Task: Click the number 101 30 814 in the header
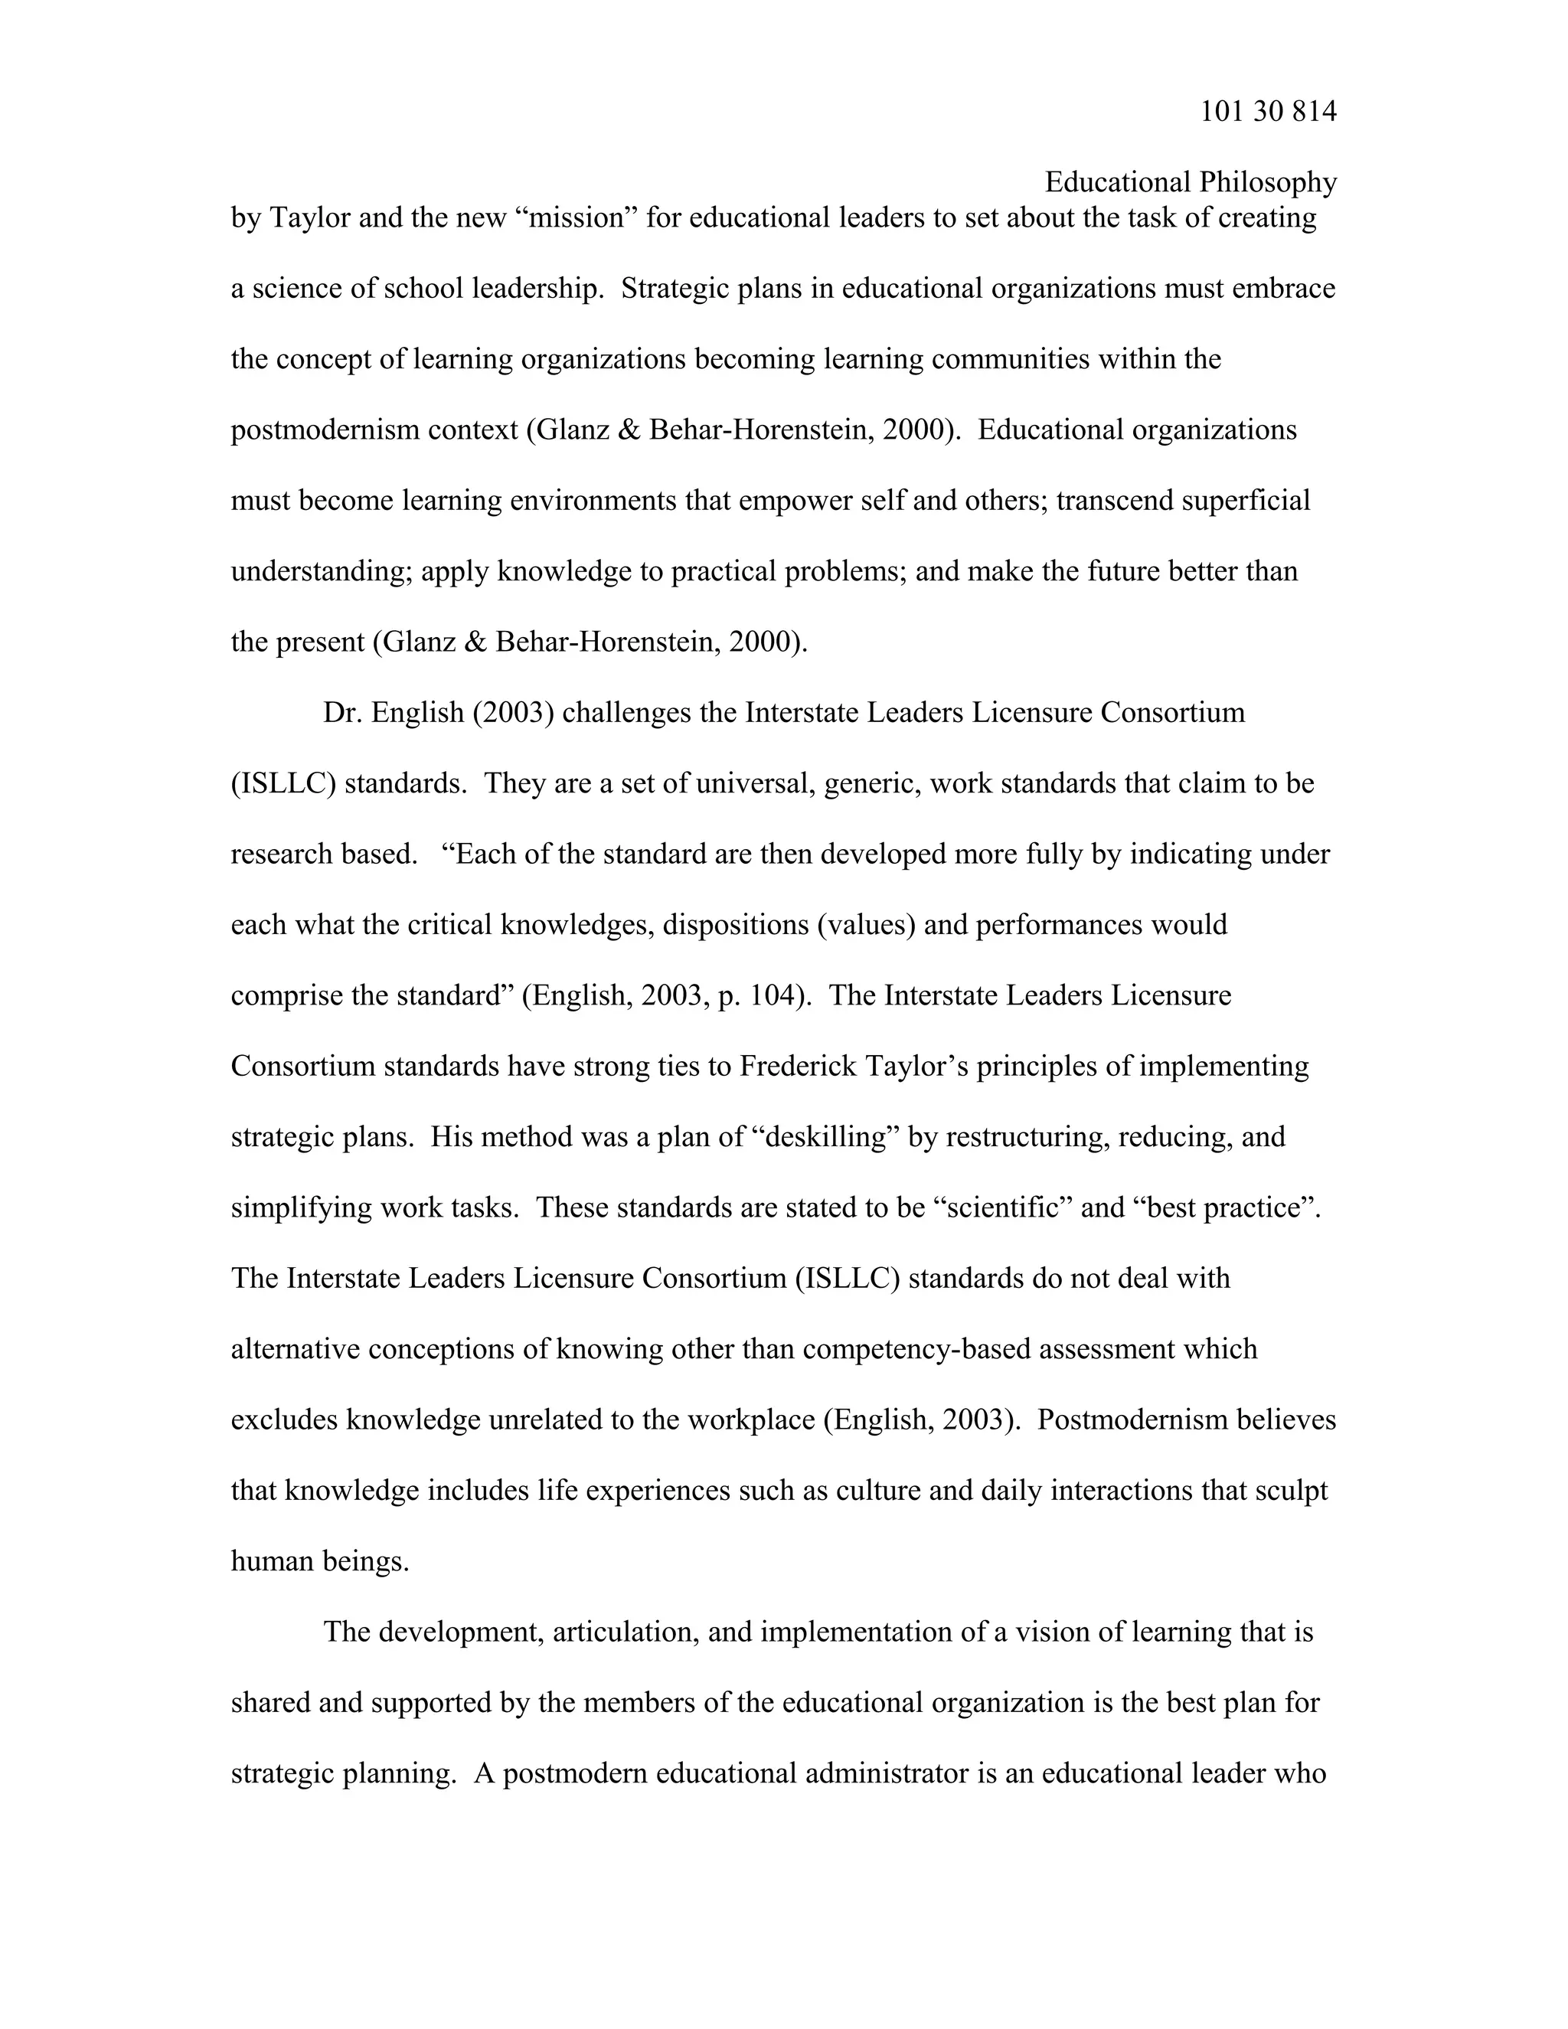1268,112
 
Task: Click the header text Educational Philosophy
1190,182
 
